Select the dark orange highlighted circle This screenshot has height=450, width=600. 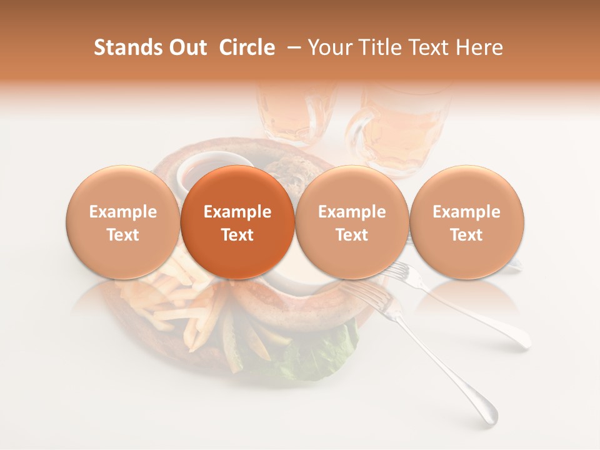click(237, 222)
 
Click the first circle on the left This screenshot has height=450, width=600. click(122, 222)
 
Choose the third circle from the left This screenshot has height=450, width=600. click(352, 222)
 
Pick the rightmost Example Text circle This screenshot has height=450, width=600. click(466, 222)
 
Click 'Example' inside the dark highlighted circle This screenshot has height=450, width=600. click(237, 212)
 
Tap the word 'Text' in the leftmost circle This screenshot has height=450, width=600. click(122, 235)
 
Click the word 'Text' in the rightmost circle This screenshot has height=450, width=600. click(466, 235)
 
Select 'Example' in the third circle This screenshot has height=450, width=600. click(352, 212)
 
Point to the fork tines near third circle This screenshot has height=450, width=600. click(395, 270)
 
